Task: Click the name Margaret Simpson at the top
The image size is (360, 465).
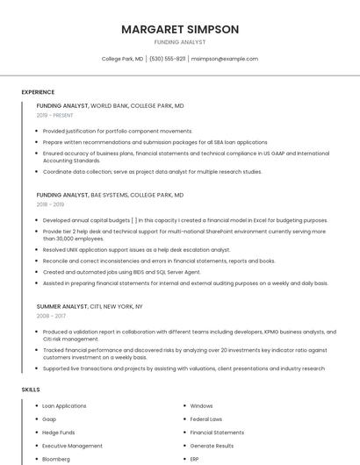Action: pyautogui.click(x=180, y=29)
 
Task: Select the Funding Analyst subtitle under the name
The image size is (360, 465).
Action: pyautogui.click(x=180, y=42)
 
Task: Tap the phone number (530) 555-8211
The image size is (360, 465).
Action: pyautogui.click(x=167, y=59)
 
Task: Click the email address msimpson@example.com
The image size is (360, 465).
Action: pyautogui.click(x=225, y=59)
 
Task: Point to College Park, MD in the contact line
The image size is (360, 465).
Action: pyautogui.click(x=122, y=59)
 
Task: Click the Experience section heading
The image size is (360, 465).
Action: pyautogui.click(x=38, y=92)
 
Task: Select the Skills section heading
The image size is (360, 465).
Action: pyautogui.click(x=31, y=389)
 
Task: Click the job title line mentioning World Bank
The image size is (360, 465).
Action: pyautogui.click(x=111, y=105)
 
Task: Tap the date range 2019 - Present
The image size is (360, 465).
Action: pyautogui.click(x=55, y=115)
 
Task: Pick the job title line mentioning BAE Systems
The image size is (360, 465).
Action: pyautogui.click(x=110, y=195)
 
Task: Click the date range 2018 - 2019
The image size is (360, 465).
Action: pyautogui.click(x=50, y=204)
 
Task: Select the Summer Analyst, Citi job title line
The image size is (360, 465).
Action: pyautogui.click(x=90, y=306)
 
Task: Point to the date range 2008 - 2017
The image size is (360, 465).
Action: pyautogui.click(x=50, y=316)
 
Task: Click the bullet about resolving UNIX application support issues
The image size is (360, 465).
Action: pyautogui.click(x=136, y=249)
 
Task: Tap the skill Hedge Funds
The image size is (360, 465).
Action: pyautogui.click(x=59, y=433)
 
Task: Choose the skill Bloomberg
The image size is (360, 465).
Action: pyautogui.click(x=56, y=459)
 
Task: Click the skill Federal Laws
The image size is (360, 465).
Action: pyautogui.click(x=206, y=419)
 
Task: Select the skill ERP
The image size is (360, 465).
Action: pyautogui.click(x=195, y=459)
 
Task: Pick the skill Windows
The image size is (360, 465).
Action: pyautogui.click(x=202, y=406)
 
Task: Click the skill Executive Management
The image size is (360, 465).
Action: pyautogui.click(x=72, y=446)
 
